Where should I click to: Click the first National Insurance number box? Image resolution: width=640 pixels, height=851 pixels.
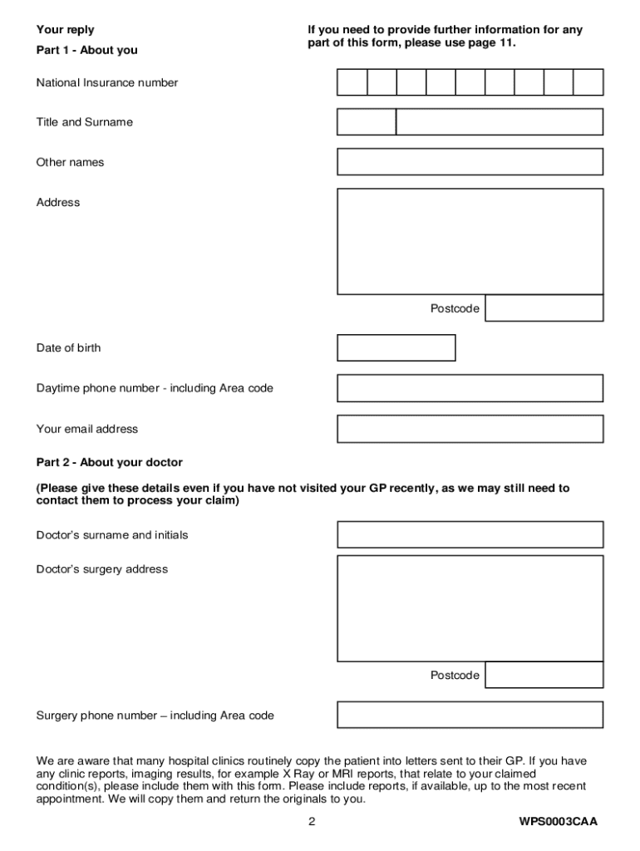352,82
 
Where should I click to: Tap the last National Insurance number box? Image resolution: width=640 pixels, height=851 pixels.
588,82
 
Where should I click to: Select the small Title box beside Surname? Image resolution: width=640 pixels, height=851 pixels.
367,122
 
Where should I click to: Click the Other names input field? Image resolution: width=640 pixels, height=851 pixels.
470,162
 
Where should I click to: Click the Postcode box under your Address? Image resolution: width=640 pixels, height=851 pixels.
544,308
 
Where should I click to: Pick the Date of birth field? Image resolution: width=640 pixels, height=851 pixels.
396,348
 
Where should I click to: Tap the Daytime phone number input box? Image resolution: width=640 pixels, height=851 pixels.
470,388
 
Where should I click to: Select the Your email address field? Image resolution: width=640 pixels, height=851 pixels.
470,429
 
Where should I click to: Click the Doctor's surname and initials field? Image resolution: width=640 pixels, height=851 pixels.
470,534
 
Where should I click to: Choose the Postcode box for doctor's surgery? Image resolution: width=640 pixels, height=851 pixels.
544,675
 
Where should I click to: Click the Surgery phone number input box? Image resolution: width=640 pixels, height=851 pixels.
470,715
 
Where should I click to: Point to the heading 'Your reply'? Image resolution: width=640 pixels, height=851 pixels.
65,30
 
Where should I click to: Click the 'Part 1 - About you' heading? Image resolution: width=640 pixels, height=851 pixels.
86,50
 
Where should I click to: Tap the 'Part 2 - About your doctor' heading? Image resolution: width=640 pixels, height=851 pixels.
109,462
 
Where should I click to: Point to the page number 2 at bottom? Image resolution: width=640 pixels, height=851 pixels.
312,822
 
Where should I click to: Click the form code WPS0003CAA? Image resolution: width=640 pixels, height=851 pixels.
558,822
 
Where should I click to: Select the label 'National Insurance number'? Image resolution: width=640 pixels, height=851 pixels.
106,82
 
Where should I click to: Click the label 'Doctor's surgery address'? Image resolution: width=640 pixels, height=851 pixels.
101,569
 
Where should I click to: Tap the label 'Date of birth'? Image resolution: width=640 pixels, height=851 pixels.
68,348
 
